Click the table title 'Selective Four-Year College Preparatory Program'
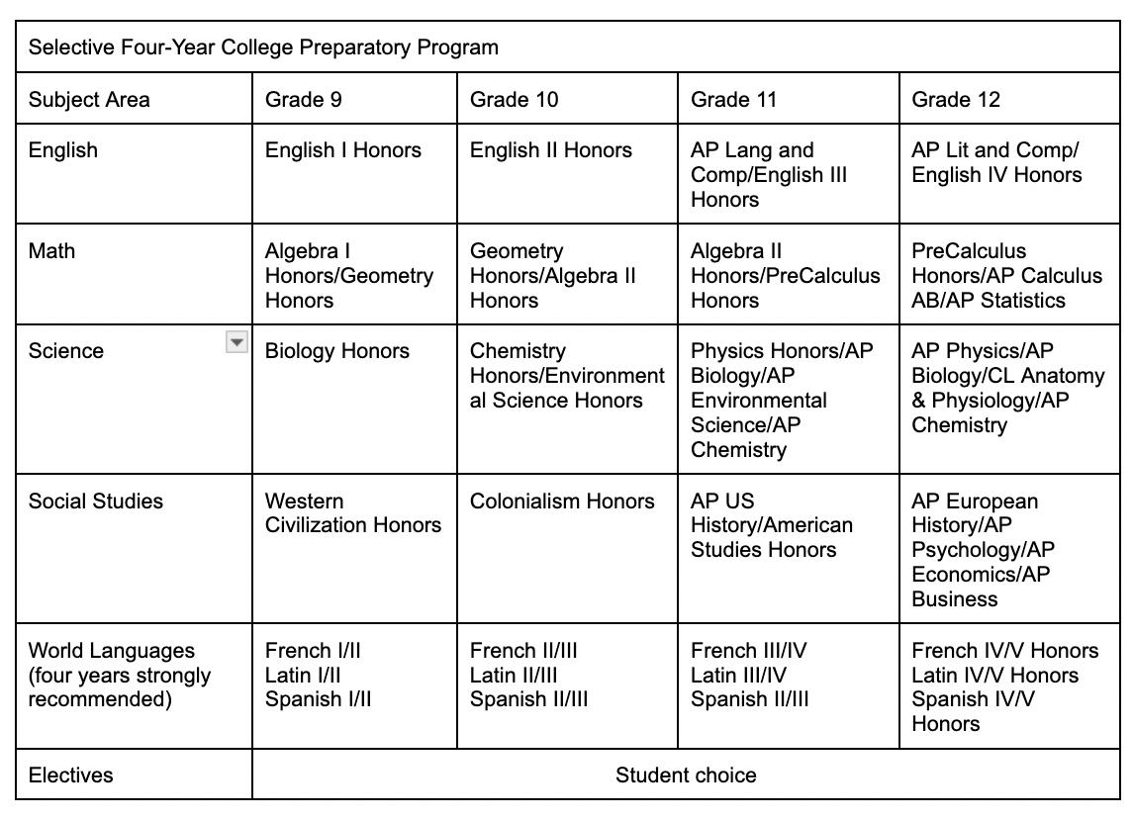pyautogui.click(x=262, y=47)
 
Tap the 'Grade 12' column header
pyautogui.click(x=955, y=99)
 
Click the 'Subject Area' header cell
pyautogui.click(x=89, y=99)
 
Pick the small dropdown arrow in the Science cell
pyautogui.click(x=236, y=342)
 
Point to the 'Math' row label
pyautogui.click(x=51, y=251)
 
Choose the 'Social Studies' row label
pyautogui.click(x=95, y=501)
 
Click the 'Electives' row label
pyautogui.click(x=70, y=775)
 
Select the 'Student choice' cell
pyautogui.click(x=686, y=775)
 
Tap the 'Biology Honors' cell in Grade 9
pyautogui.click(x=336, y=351)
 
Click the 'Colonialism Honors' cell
pyautogui.click(x=562, y=501)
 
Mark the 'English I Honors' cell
pyautogui.click(x=342, y=150)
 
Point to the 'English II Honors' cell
pyautogui.click(x=550, y=150)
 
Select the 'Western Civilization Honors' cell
pyautogui.click(x=352, y=512)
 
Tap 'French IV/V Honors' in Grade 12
pyautogui.click(x=1004, y=650)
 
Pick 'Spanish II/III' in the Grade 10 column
pyautogui.click(x=528, y=699)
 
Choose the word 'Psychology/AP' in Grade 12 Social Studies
pyautogui.click(x=983, y=550)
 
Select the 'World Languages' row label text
pyautogui.click(x=111, y=650)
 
